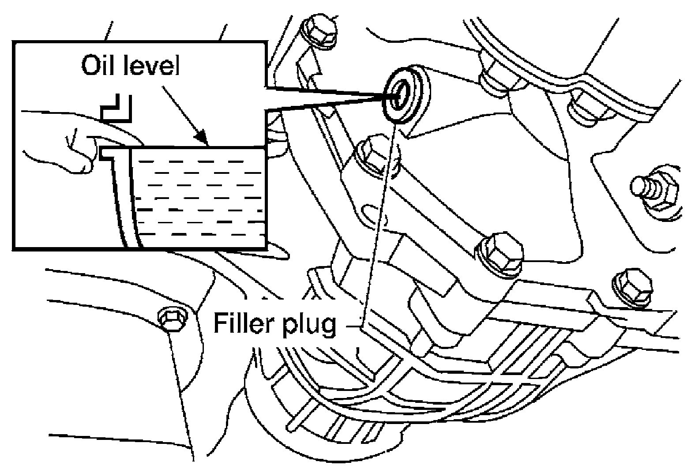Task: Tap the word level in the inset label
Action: [x=152, y=65]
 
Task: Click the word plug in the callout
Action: [x=309, y=325]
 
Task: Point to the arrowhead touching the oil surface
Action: [x=202, y=138]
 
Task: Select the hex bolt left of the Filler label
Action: [x=173, y=319]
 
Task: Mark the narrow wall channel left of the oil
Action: [x=124, y=200]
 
